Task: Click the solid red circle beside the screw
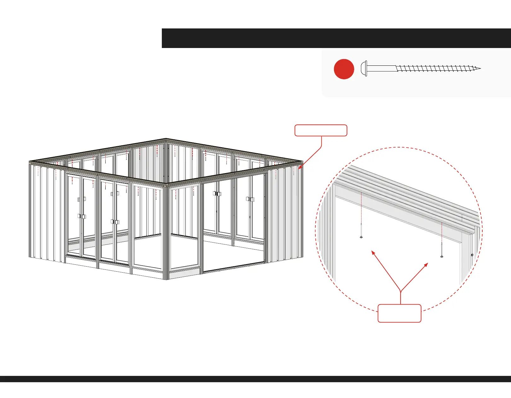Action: click(x=344, y=69)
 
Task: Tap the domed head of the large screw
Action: click(x=364, y=68)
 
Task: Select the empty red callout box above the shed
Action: click(x=321, y=130)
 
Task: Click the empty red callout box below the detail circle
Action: click(x=399, y=313)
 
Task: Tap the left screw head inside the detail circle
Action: click(x=361, y=237)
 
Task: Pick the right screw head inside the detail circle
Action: click(x=442, y=256)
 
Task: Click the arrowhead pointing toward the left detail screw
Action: click(x=373, y=252)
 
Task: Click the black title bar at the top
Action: click(x=336, y=38)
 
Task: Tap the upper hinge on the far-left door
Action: click(x=82, y=199)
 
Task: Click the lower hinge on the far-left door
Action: click(x=82, y=216)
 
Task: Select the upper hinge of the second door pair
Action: click(x=115, y=194)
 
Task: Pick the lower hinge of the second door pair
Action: click(x=115, y=222)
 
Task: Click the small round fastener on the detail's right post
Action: click(x=472, y=255)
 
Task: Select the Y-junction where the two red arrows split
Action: click(x=401, y=291)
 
